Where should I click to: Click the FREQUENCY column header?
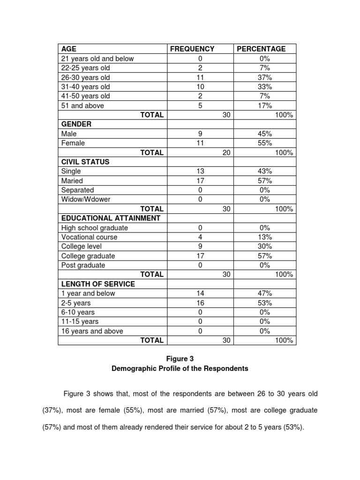(192, 49)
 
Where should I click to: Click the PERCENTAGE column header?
(261, 49)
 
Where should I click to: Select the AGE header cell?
(68, 49)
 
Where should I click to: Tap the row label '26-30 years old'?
(86, 77)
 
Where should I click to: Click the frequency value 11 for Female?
(200, 143)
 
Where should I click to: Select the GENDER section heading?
(76, 124)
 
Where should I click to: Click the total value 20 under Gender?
(226, 152)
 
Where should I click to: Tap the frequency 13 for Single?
(200, 171)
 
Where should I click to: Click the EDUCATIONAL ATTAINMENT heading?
(111, 218)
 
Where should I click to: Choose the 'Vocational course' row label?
(90, 237)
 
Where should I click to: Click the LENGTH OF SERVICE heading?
(98, 284)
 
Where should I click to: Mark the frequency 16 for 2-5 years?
(200, 302)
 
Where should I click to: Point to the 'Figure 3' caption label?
(180, 359)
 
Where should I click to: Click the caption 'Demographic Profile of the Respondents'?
(180, 368)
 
